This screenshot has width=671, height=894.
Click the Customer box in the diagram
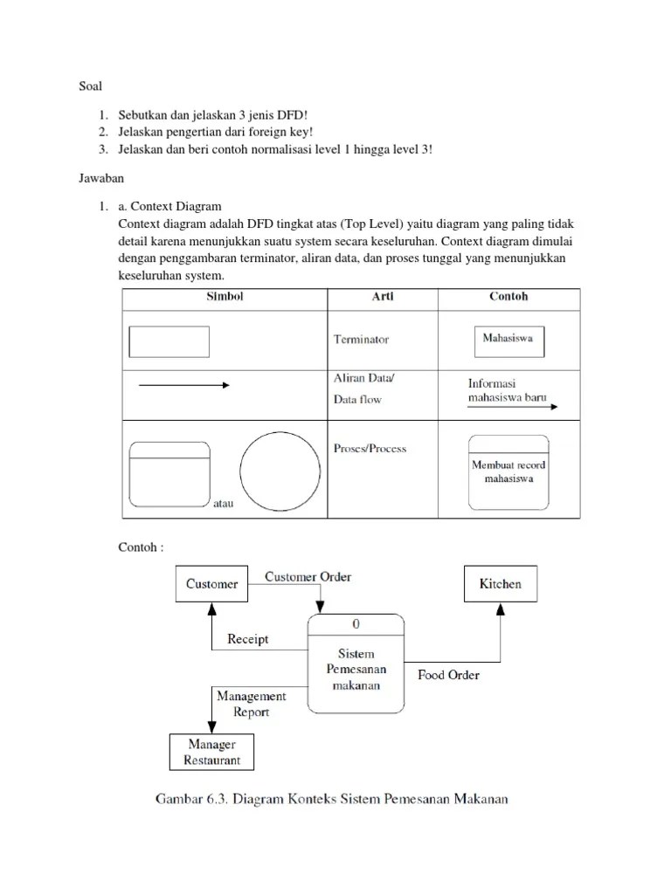click(x=212, y=584)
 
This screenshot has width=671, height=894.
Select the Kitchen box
click(x=500, y=583)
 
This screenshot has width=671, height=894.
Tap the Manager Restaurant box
click(x=212, y=752)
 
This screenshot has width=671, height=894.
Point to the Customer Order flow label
click(x=308, y=576)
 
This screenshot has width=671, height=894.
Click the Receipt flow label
click(x=248, y=639)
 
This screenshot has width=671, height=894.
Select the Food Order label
click(x=448, y=675)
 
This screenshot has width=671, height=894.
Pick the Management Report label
click(x=252, y=704)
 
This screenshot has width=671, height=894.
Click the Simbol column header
click(x=224, y=297)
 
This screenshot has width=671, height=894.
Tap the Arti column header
click(x=383, y=297)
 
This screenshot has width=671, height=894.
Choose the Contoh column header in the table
click(x=508, y=297)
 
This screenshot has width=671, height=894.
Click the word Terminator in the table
click(x=361, y=340)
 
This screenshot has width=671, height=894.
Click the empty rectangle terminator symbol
click(x=169, y=341)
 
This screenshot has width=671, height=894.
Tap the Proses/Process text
click(x=370, y=449)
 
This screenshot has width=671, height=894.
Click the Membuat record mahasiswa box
click(x=508, y=472)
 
